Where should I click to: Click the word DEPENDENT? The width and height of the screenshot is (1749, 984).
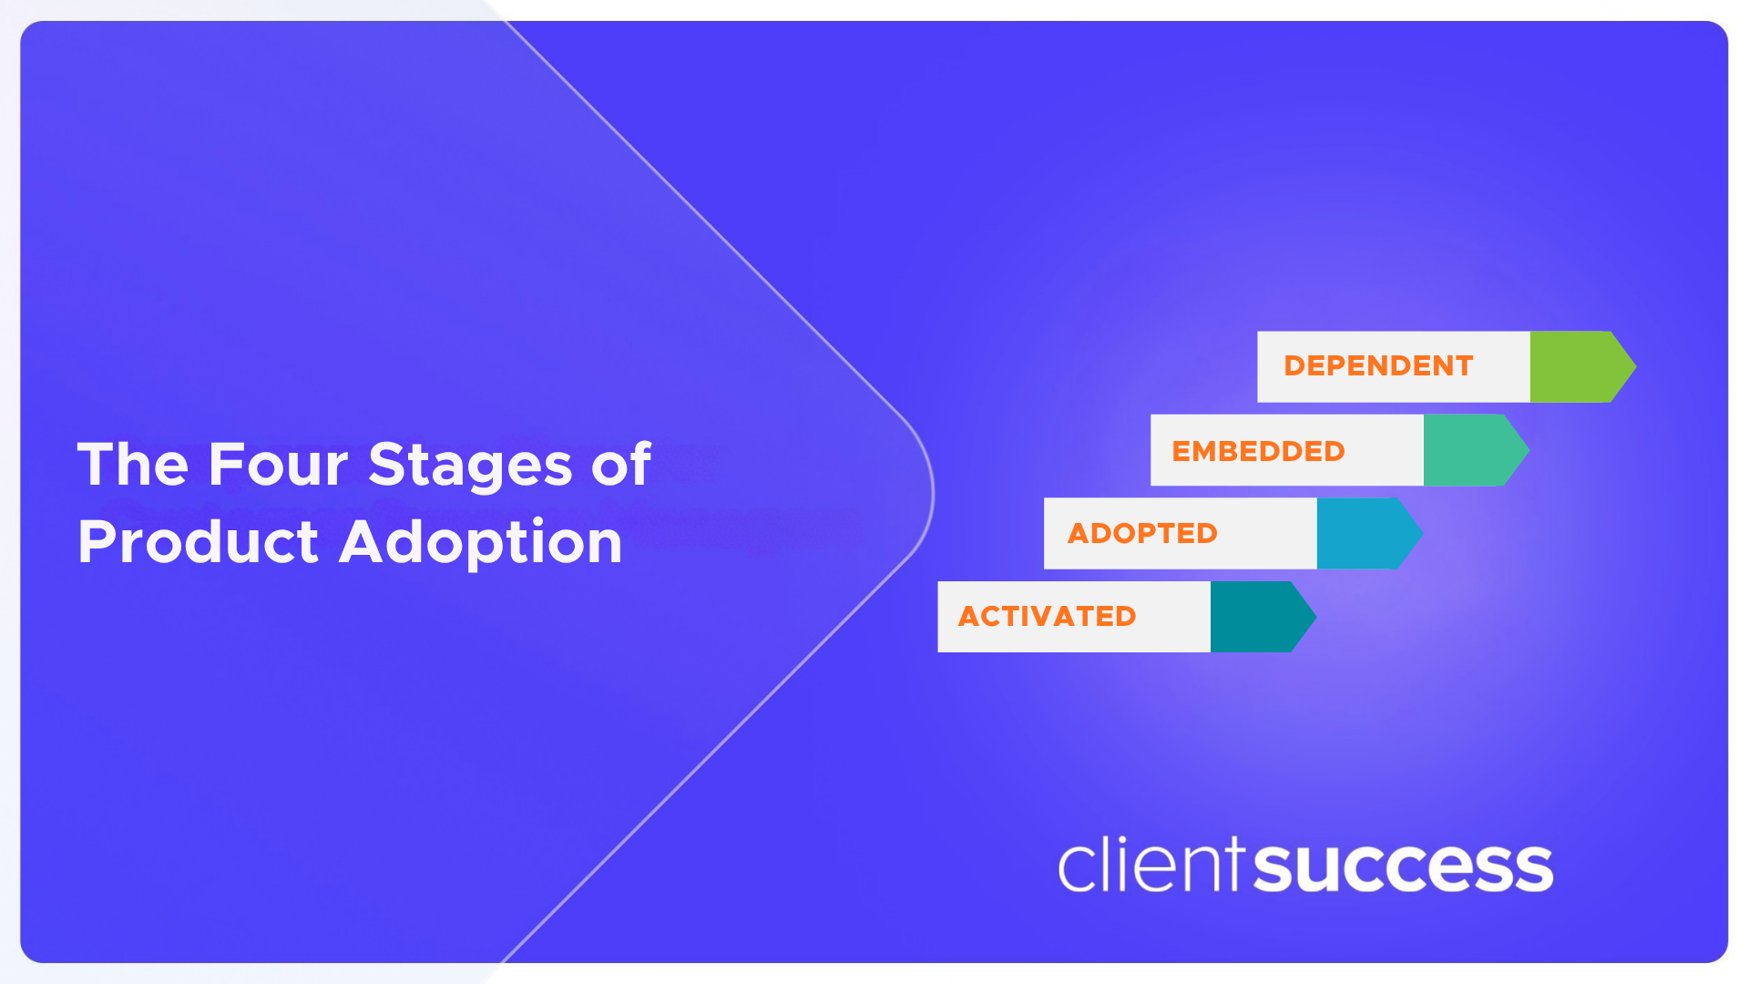click(x=1378, y=366)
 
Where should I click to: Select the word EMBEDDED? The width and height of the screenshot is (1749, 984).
click(x=1258, y=451)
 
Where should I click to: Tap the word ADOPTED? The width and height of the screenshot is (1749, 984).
click(x=1142, y=533)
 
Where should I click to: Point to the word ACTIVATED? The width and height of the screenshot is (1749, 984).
click(x=1047, y=617)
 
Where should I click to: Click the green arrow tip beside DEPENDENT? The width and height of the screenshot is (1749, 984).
click(x=1583, y=366)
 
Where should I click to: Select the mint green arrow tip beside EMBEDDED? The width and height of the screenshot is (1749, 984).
click(x=1476, y=450)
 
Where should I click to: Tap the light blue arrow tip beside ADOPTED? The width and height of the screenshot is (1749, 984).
click(x=1369, y=533)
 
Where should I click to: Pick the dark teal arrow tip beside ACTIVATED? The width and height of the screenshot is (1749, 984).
click(x=1263, y=617)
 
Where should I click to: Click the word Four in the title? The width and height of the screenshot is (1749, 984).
click(x=278, y=465)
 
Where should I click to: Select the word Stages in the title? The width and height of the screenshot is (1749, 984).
click(x=470, y=466)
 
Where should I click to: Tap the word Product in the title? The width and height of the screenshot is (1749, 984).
click(x=198, y=542)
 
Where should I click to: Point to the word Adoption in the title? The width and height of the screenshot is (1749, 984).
click(x=481, y=544)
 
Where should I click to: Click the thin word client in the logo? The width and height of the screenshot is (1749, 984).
click(x=1151, y=865)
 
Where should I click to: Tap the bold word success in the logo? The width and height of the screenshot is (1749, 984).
click(x=1404, y=867)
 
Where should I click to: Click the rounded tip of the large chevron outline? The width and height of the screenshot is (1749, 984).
click(x=931, y=492)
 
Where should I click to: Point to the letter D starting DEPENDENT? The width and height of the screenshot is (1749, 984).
click(x=1295, y=366)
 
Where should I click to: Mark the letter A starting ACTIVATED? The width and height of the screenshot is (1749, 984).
click(x=968, y=617)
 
